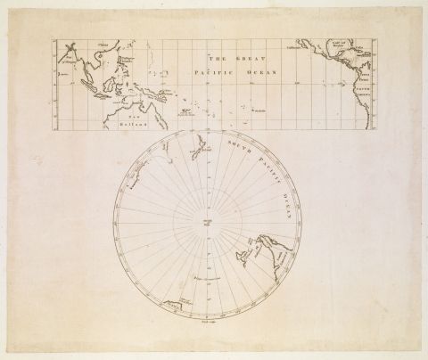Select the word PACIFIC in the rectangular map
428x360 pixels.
[x=191, y=69]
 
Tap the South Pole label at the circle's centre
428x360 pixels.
[x=207, y=222]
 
